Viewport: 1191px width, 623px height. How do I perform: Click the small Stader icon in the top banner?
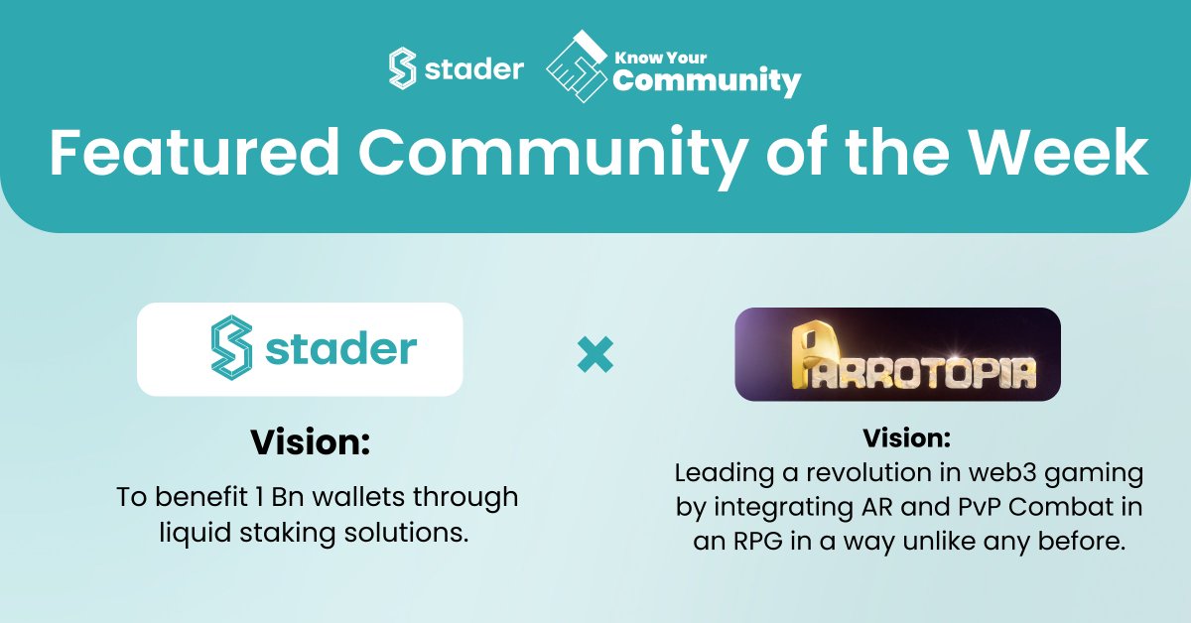click(x=402, y=70)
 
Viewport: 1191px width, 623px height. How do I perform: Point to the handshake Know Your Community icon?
click(x=577, y=66)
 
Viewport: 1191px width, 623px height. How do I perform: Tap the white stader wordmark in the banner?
click(x=473, y=70)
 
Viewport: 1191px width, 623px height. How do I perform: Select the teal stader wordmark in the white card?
click(x=341, y=349)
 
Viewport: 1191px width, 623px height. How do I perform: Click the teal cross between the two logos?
click(x=595, y=354)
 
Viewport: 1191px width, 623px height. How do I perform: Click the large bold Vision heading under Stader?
click(x=310, y=442)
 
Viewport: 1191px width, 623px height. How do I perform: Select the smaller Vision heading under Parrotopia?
click(x=906, y=437)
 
